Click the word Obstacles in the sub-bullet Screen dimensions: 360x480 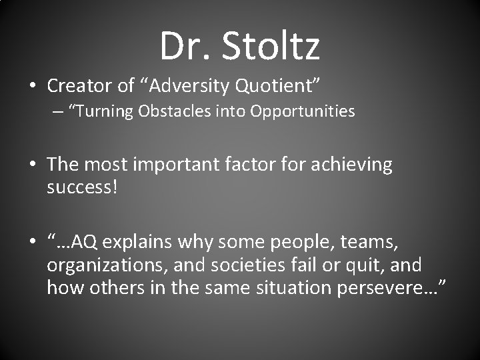(x=174, y=112)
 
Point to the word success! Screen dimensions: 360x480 (x=82, y=187)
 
